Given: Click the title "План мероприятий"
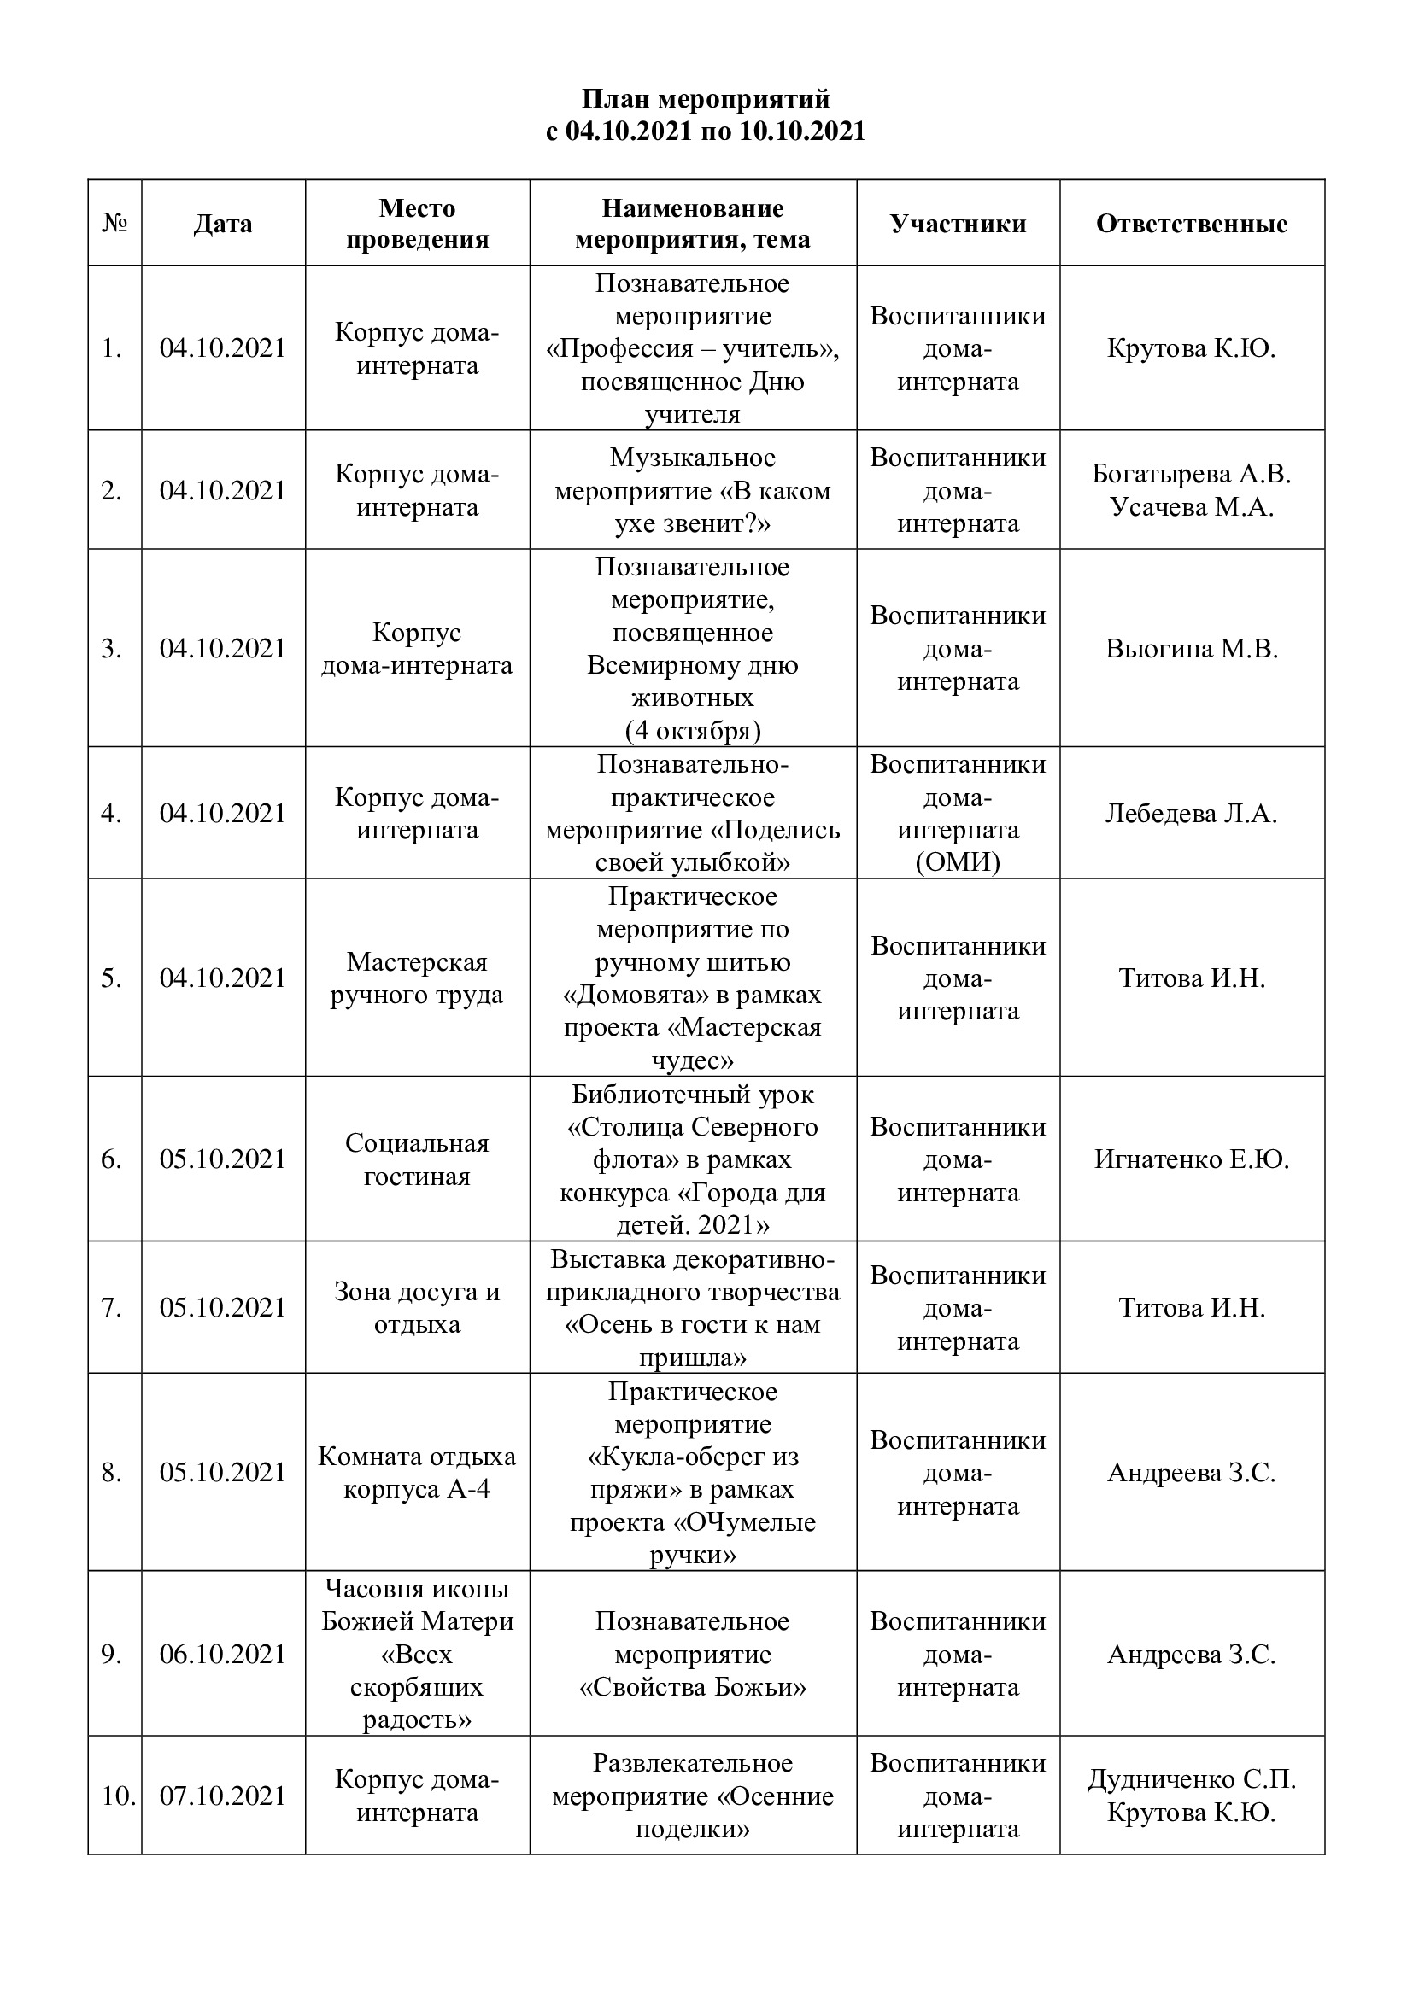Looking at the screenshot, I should point(706,98).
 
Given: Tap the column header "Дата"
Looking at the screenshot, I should point(223,224).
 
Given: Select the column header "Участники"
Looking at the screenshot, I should point(958,224).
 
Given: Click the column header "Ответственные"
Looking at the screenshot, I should point(1191,224).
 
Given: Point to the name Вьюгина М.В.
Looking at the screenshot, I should point(1191,649).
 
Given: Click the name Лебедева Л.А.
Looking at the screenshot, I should point(1191,814).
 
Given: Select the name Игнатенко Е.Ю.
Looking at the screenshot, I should point(1191,1159).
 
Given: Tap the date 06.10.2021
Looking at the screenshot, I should point(223,1654).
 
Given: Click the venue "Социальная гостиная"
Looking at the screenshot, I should point(417,1159).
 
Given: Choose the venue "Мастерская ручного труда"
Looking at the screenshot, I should point(417,978).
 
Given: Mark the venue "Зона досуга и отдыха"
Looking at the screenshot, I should point(417,1308).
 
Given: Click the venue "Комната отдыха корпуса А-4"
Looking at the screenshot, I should point(417,1473).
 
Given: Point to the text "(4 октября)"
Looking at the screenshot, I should point(693,731).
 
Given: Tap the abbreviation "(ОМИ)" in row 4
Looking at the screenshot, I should point(958,862).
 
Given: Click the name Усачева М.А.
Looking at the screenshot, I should point(1191,507).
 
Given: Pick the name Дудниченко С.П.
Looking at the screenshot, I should point(1191,1779).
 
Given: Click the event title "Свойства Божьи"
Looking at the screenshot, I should point(693,1686).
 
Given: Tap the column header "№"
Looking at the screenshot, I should point(114,224).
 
